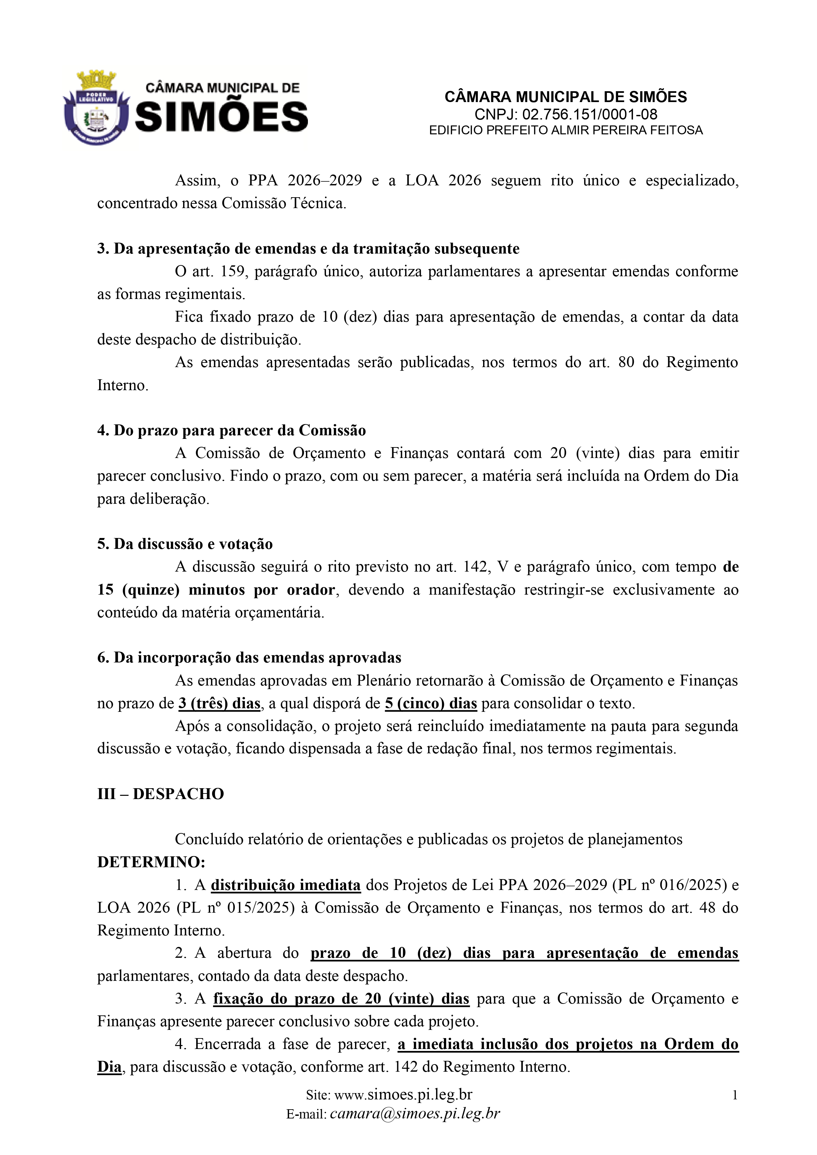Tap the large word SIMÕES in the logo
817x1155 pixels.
pyautogui.click(x=221, y=117)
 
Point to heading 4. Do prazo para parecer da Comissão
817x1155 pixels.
pyautogui.click(x=231, y=431)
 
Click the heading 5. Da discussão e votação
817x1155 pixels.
pyautogui.click(x=185, y=544)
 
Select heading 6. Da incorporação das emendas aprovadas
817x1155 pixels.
pyautogui.click(x=249, y=658)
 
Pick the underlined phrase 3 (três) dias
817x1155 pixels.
pyautogui.click(x=219, y=703)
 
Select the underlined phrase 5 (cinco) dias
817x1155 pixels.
pyautogui.click(x=431, y=703)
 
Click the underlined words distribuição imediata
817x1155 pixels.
pyautogui.click(x=285, y=885)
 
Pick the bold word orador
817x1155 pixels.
pyautogui.click(x=311, y=590)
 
